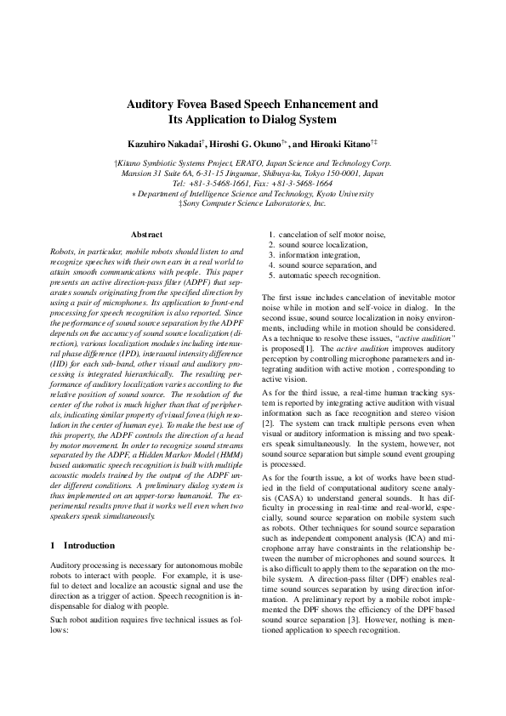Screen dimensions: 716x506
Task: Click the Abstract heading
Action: [146, 234]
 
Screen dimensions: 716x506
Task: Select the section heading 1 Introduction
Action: [82, 545]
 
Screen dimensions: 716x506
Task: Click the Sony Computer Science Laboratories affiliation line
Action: [253, 203]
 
